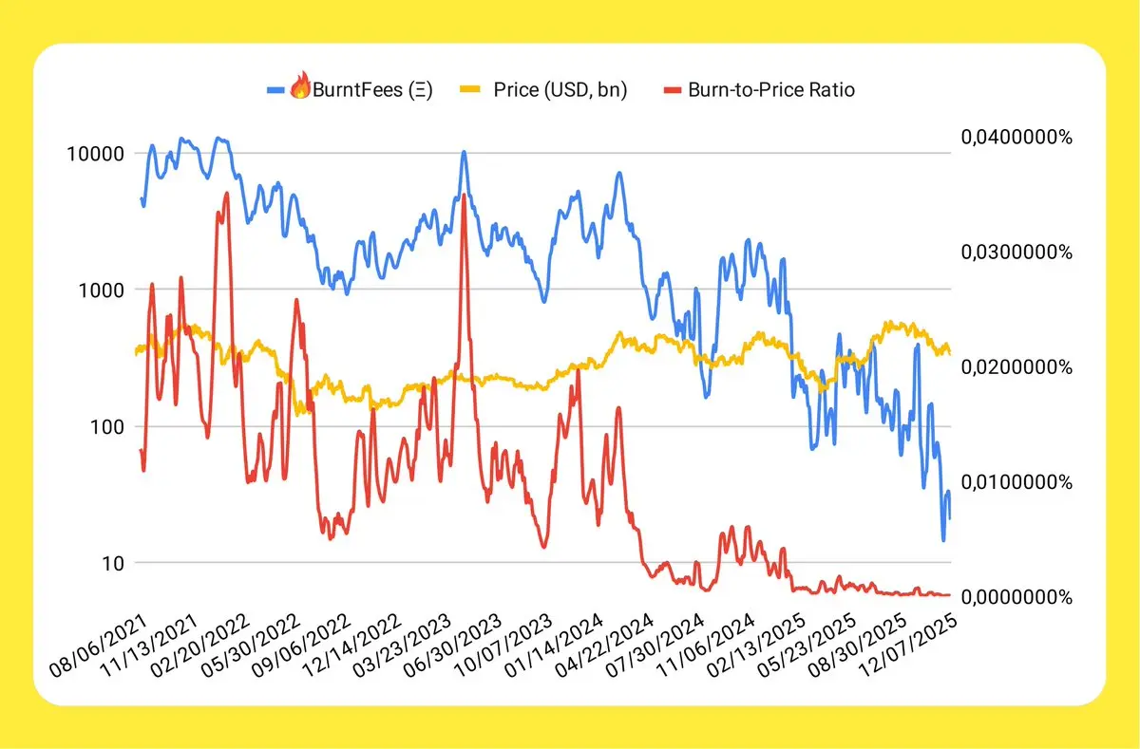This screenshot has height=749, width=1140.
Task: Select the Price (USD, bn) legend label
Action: [560, 91]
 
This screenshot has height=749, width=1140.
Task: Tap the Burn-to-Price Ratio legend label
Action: [770, 91]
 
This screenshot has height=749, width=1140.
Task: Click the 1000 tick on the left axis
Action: [105, 290]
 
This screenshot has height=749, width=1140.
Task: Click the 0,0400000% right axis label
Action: [1017, 138]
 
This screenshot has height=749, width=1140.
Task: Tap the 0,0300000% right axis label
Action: [1017, 253]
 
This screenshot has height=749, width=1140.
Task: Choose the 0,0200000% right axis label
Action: [1017, 367]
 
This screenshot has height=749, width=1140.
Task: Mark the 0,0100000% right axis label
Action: [1017, 482]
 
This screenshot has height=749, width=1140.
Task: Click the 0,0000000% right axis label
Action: [1017, 597]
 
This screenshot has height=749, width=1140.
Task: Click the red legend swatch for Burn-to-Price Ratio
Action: [672, 91]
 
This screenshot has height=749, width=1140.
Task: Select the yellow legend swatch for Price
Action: [469, 91]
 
